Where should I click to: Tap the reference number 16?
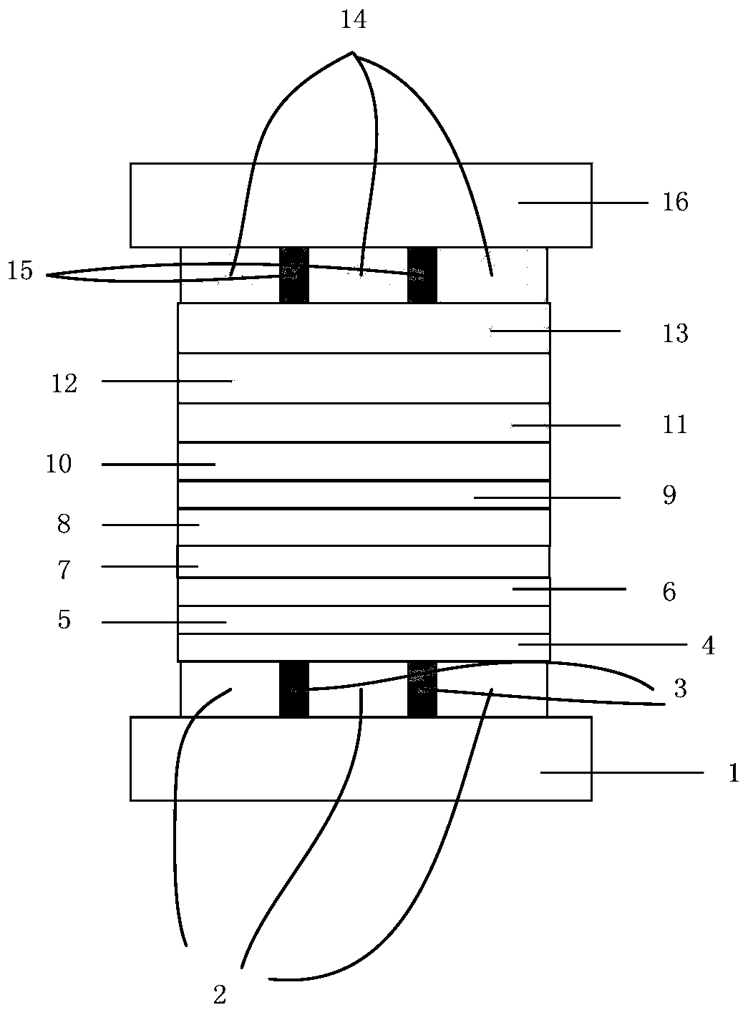click(675, 203)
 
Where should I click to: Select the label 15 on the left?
click(21, 272)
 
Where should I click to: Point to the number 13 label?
click(675, 334)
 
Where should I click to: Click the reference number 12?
click(64, 384)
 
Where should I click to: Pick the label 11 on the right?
click(674, 425)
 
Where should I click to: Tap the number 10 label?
click(59, 465)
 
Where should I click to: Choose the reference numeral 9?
click(669, 495)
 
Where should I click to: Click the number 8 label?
click(64, 525)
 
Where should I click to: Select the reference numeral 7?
click(64, 570)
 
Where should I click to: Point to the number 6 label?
click(669, 592)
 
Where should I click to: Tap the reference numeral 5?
click(64, 620)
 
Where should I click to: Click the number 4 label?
click(707, 646)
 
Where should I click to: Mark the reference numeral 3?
click(679, 689)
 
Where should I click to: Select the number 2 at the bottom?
click(220, 994)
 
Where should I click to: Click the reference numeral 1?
click(732, 774)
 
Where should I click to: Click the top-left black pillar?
click(293, 275)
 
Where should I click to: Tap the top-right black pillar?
click(422, 275)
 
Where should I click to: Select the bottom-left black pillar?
click(293, 689)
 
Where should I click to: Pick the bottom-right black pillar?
click(422, 689)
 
